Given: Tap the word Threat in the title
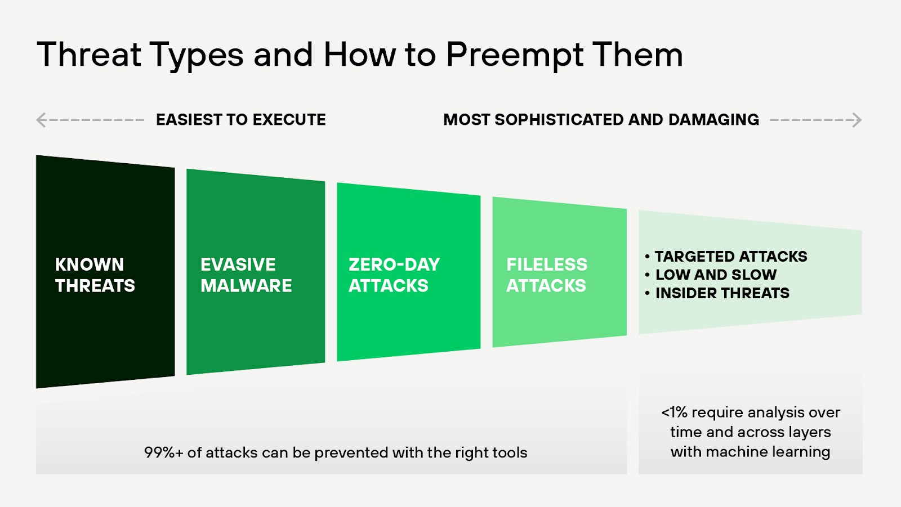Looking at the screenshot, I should (x=89, y=55).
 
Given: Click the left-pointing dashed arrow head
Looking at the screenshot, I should (x=41, y=120).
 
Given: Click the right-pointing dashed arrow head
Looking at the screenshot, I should (x=857, y=120).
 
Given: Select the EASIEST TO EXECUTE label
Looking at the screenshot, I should (x=240, y=120).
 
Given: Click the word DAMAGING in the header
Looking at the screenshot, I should (x=713, y=120).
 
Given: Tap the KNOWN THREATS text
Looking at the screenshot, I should (x=95, y=275).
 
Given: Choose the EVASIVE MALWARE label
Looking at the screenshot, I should (x=246, y=275).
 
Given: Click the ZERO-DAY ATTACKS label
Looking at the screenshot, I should (x=394, y=275).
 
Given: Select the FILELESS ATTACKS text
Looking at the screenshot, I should (x=546, y=275).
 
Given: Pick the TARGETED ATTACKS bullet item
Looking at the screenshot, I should (x=730, y=257).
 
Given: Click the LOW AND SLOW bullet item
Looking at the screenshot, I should (x=716, y=275).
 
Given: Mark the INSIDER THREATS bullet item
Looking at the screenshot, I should (x=722, y=293).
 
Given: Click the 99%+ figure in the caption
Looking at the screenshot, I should (x=163, y=453).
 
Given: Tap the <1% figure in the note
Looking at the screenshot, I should (x=674, y=412).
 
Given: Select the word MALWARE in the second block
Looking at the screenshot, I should (x=246, y=286).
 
